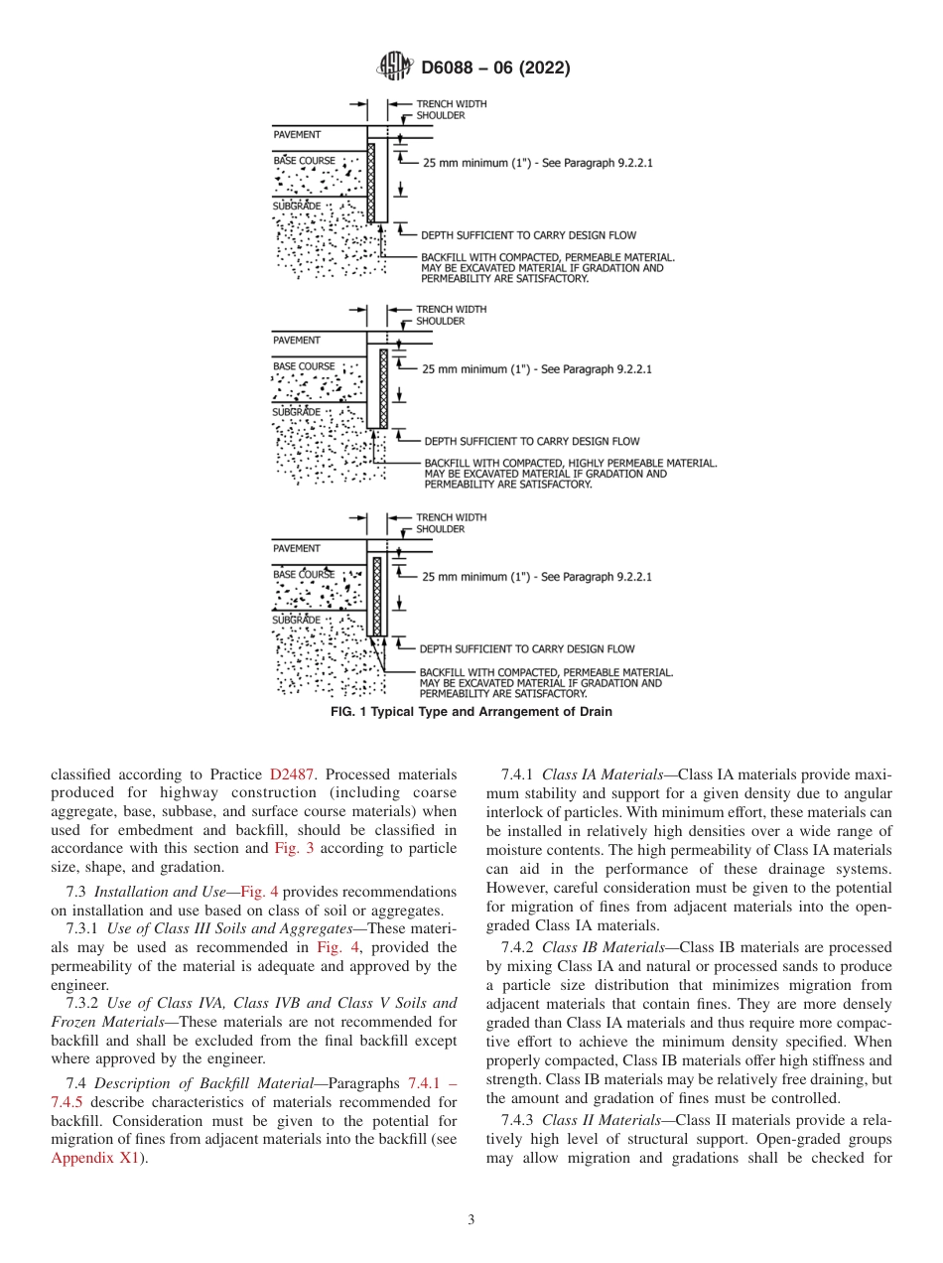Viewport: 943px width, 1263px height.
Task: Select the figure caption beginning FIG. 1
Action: [x=471, y=712]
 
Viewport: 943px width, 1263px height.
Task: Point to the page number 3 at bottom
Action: [x=471, y=1220]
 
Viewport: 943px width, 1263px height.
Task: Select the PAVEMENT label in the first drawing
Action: [x=297, y=133]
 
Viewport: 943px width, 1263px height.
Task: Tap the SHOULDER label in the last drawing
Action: [x=440, y=529]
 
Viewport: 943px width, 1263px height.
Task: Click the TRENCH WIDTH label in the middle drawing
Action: [x=451, y=310]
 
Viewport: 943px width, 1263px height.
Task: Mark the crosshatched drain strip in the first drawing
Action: [x=371, y=182]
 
